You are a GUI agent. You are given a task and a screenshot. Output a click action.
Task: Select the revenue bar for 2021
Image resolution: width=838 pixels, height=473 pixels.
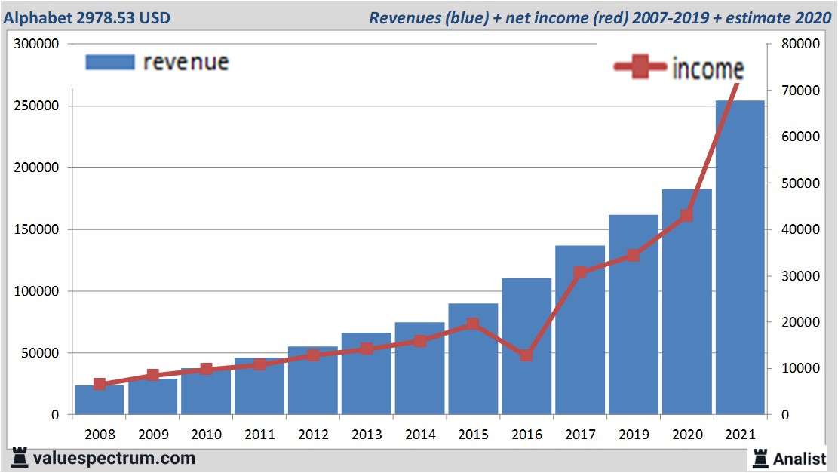[x=740, y=256]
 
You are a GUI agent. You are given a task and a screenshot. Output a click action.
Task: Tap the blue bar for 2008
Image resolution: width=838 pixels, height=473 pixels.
[x=99, y=401]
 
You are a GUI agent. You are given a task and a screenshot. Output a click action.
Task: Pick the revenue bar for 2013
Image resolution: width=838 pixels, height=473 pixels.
[x=366, y=373]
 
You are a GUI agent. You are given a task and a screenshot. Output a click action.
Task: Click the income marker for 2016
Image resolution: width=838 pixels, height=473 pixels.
[x=526, y=355]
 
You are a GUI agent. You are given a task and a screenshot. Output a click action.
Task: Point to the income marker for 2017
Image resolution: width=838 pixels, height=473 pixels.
[x=580, y=272]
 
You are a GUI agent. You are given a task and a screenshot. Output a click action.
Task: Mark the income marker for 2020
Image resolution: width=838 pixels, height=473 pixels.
[x=686, y=216]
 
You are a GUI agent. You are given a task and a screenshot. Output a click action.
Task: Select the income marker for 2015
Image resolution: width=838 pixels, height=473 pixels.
[x=472, y=324]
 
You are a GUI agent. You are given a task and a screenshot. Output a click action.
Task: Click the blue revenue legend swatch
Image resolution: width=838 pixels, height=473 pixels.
[x=109, y=62]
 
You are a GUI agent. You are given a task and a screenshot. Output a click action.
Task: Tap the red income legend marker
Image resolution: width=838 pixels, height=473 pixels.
[x=642, y=68]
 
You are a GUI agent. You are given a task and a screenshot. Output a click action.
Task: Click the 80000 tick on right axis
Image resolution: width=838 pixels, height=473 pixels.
[x=799, y=45]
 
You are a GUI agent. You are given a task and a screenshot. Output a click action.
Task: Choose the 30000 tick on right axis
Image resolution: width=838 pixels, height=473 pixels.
[x=799, y=276]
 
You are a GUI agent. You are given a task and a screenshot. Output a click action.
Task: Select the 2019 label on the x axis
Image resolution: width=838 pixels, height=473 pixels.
[x=633, y=435]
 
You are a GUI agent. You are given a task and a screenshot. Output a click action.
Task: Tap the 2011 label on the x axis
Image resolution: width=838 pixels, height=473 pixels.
[x=259, y=435]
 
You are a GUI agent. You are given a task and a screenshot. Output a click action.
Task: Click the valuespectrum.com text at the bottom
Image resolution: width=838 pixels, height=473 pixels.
[x=114, y=458]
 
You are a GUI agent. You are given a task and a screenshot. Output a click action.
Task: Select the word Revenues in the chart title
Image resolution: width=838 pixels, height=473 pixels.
[x=405, y=17]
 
